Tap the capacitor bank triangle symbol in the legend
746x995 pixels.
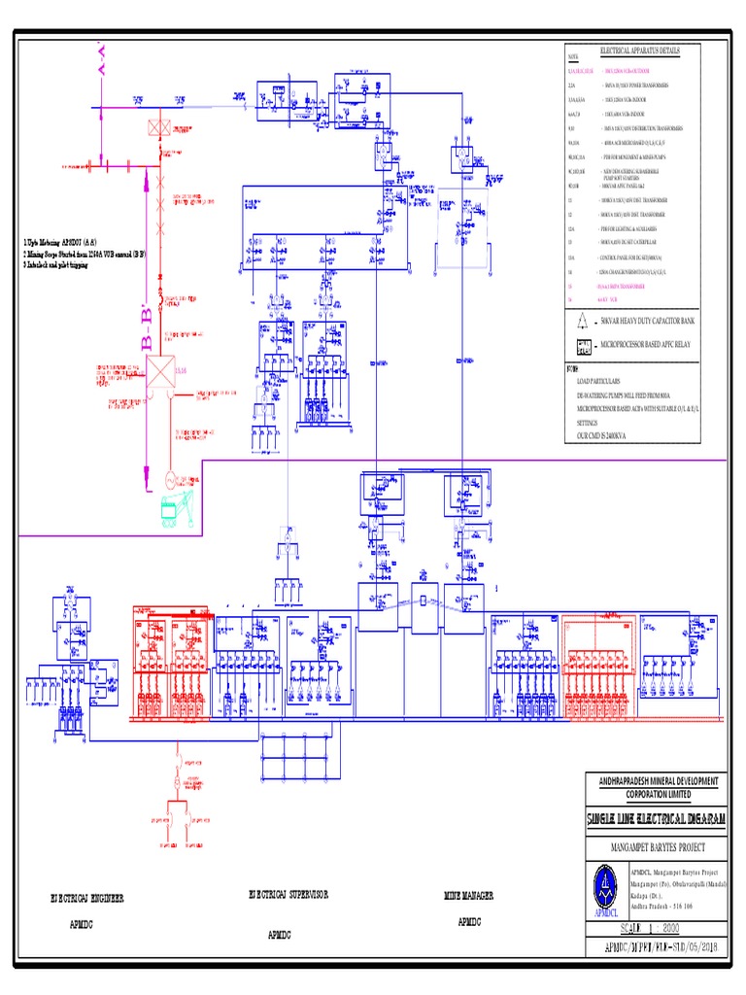coord(584,320)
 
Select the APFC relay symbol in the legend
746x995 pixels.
coord(584,345)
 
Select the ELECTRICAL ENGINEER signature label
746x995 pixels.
coord(87,899)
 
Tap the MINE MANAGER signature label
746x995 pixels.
coord(469,894)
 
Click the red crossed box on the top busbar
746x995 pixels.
coord(156,127)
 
